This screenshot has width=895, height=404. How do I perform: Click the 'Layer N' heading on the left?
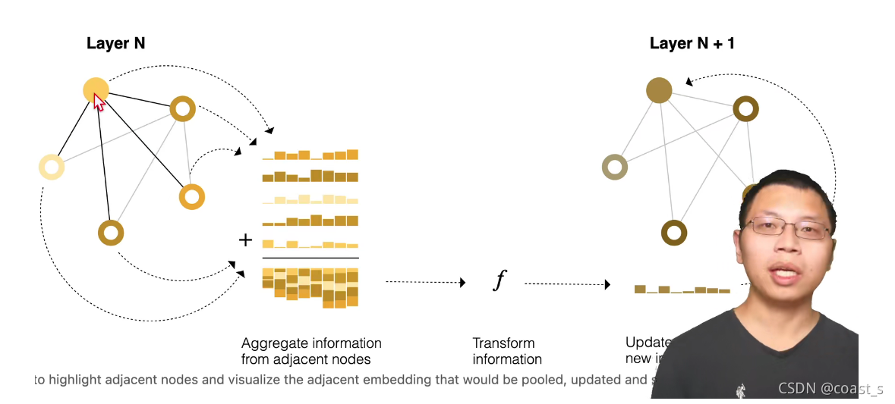click(115, 44)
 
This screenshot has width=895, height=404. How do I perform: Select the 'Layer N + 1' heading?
click(692, 44)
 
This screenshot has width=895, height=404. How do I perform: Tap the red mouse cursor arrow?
click(99, 102)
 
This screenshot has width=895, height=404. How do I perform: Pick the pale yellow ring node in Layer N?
click(52, 167)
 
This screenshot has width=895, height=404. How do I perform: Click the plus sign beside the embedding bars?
click(245, 240)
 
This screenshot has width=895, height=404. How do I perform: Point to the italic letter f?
click(499, 281)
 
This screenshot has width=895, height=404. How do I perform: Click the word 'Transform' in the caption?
click(503, 343)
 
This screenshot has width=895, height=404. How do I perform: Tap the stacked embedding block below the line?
click(309, 287)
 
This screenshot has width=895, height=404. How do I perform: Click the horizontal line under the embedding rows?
click(309, 258)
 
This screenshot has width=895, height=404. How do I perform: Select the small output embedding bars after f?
click(682, 290)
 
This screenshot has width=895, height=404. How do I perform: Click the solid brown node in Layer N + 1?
click(659, 91)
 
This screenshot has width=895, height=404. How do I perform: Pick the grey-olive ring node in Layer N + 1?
click(615, 167)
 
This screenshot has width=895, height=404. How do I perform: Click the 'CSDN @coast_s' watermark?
click(830, 389)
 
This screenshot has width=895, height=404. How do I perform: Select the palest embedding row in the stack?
click(309, 199)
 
